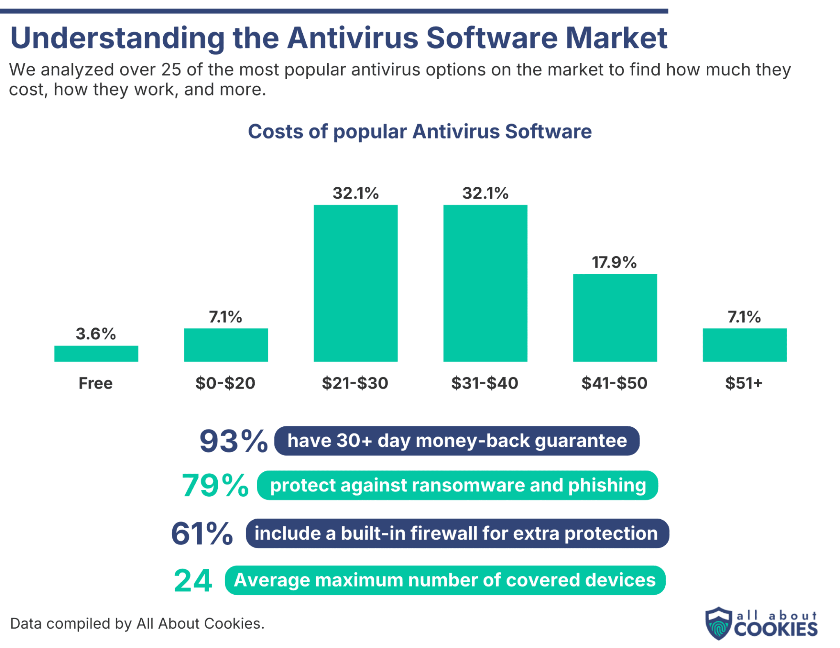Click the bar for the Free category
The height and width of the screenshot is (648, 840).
click(96, 353)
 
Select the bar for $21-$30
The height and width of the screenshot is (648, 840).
click(355, 283)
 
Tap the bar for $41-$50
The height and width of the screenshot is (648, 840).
click(614, 318)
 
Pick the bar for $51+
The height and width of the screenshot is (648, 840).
click(744, 345)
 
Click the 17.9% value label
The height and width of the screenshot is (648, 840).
click(614, 262)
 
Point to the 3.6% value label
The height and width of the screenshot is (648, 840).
click(96, 334)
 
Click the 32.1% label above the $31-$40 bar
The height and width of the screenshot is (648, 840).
click(485, 193)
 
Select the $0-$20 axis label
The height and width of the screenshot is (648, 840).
click(225, 383)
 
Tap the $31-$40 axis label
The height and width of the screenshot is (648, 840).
click(484, 383)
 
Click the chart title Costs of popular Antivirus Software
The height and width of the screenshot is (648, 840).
click(420, 132)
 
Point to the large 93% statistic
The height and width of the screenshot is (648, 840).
click(233, 441)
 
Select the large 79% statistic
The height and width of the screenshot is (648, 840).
click(215, 485)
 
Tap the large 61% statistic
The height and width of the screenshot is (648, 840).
click(202, 533)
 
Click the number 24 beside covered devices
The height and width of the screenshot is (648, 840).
click(193, 580)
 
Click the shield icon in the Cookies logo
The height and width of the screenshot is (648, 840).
click(718, 623)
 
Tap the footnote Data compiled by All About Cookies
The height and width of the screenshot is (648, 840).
click(137, 623)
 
